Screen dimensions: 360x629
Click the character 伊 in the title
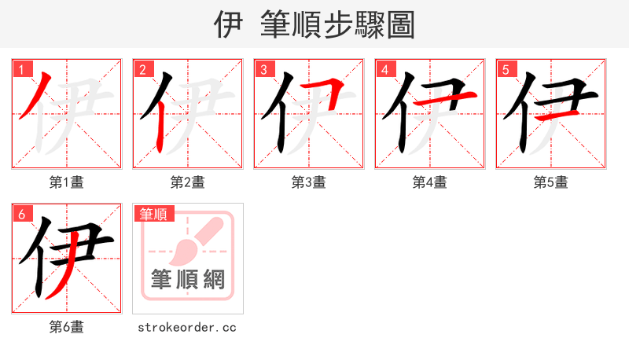227,25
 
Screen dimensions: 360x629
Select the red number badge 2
142,69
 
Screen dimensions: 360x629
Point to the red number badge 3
263,69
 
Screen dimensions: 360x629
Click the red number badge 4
384,69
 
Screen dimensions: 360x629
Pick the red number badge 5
506,69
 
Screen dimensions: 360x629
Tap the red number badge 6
21,214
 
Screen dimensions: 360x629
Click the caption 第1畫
67,182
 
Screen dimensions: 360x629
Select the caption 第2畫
188,182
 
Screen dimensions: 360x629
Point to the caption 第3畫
309,182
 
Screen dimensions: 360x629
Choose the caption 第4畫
430,182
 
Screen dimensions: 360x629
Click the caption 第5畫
550,182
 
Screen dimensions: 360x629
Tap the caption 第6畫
67,327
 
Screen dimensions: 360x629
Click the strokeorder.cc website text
187,327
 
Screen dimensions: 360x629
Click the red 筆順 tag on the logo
154,214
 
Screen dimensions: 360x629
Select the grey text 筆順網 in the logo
188,278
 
